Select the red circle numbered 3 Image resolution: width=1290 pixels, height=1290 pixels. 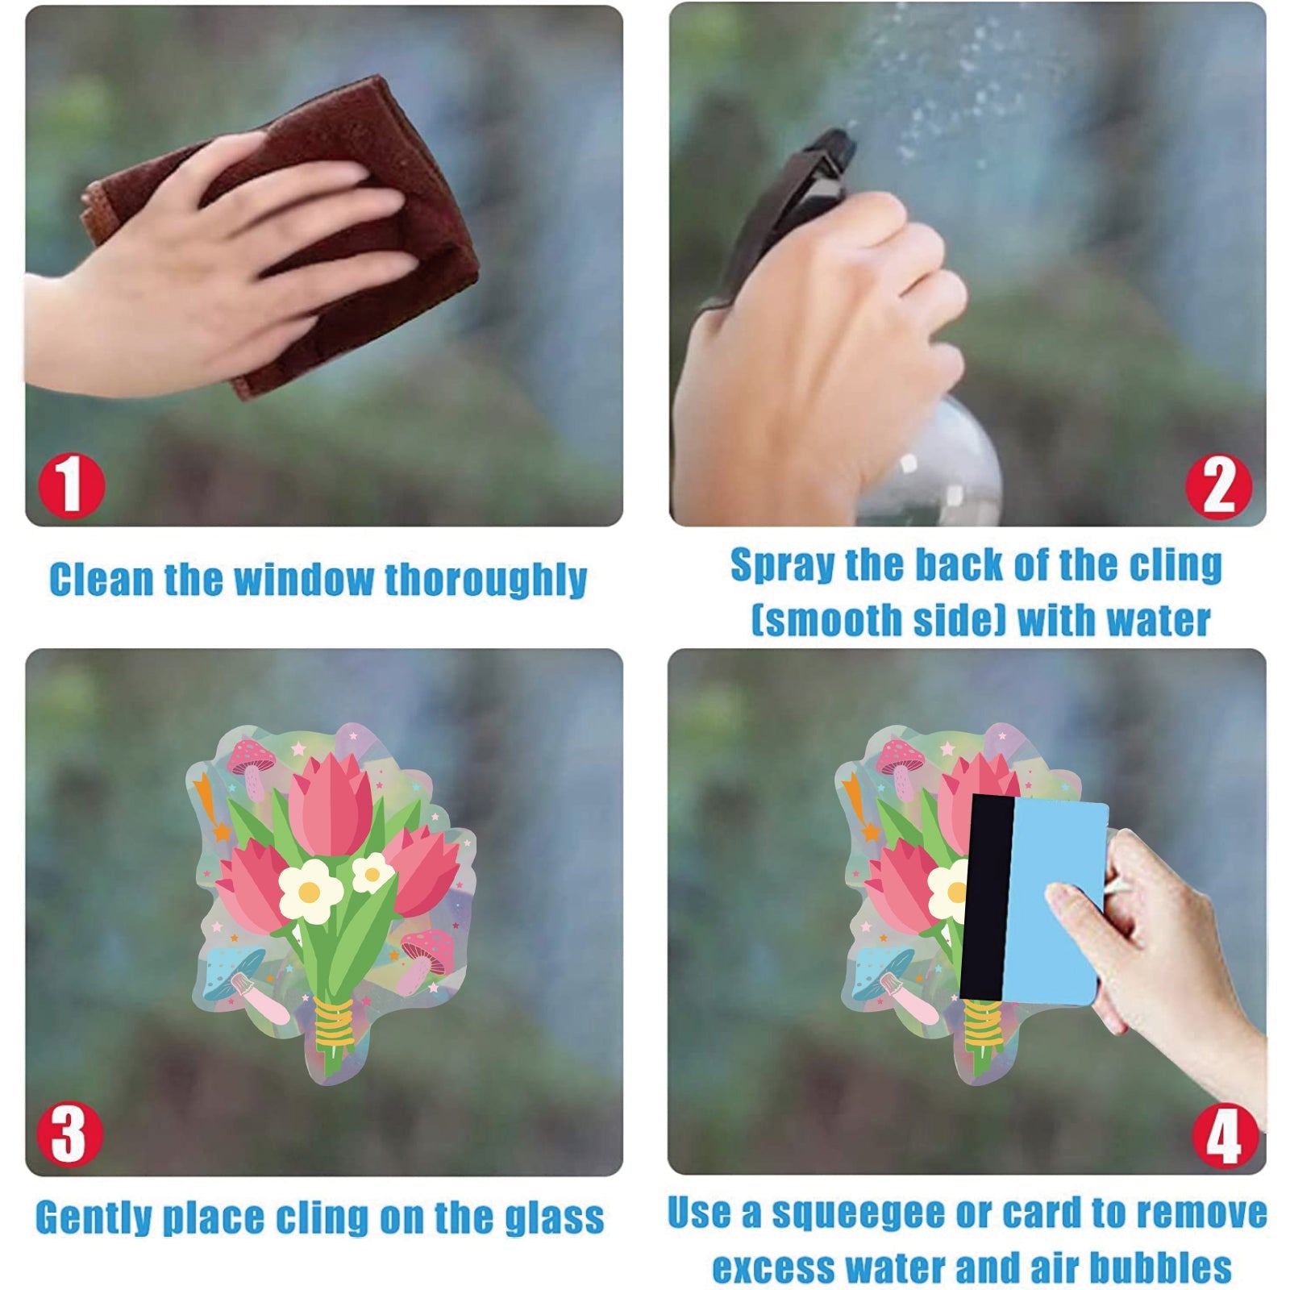click(69, 1134)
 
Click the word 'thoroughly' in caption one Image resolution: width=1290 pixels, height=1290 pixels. click(485, 580)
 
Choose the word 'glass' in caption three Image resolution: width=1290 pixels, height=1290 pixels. click(554, 1218)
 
